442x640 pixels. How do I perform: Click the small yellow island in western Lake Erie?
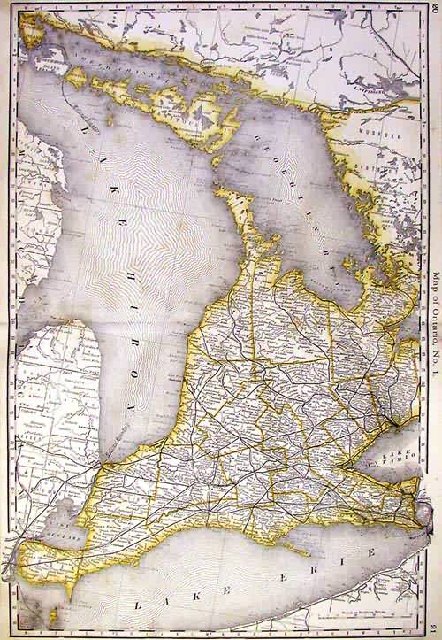(35, 611)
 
